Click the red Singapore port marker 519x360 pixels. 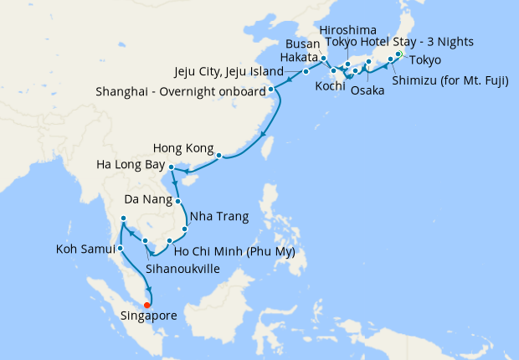click(148, 305)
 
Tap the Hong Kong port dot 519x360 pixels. click(218, 155)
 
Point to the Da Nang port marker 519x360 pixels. click(178, 201)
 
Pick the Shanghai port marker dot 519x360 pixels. click(270, 89)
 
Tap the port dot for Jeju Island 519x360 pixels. click(306, 72)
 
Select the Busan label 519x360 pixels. click(303, 43)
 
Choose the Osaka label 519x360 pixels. click(367, 90)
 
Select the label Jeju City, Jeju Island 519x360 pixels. click(229, 72)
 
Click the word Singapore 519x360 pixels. click(152, 316)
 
